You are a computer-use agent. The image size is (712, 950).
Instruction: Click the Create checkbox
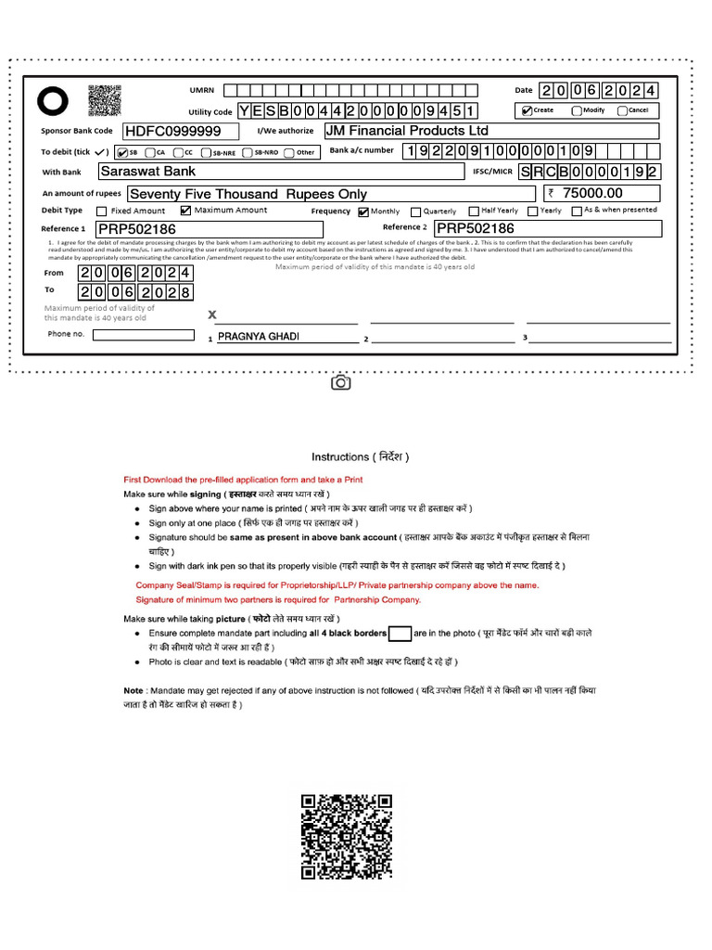528,110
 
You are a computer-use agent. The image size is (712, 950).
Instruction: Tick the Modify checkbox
577,110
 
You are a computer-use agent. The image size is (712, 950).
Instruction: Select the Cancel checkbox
623,110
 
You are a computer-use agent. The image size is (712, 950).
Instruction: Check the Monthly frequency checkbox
363,212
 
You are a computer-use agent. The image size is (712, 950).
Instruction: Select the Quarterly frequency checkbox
415,212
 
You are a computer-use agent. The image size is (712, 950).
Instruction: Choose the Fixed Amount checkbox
102,212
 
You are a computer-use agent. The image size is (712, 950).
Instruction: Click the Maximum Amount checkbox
185,211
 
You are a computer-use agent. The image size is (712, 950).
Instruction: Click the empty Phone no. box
144,335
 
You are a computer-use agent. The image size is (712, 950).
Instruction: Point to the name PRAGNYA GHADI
259,336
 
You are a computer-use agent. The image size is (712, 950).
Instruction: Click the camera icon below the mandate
340,382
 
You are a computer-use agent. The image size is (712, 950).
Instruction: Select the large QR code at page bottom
347,836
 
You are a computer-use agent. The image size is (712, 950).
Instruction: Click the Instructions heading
360,456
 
